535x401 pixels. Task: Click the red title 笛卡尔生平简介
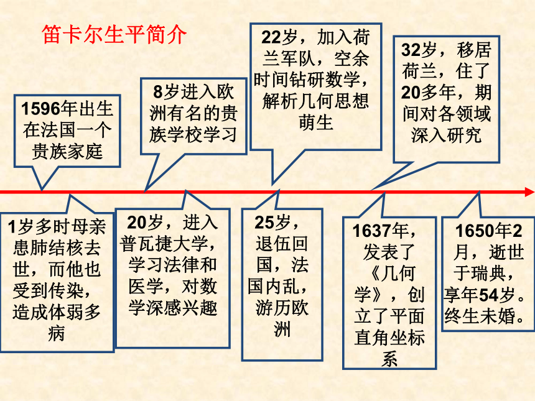coord(114,34)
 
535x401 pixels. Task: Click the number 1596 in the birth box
coord(40,109)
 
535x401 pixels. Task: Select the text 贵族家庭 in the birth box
coord(67,152)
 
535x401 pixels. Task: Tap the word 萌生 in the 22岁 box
coord(315,122)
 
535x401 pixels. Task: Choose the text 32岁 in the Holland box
coord(419,50)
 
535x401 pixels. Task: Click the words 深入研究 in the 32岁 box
coord(446,136)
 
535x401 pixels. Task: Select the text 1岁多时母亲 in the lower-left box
coord(57,227)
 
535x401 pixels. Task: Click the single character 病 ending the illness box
coord(57,333)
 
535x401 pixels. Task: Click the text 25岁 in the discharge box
coord(272,223)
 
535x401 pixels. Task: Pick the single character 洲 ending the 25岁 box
coord(282,330)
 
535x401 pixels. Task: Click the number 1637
coord(372,231)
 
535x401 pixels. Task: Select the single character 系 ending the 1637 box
coord(389,359)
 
